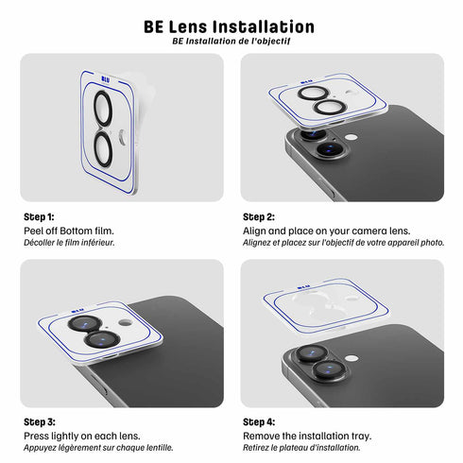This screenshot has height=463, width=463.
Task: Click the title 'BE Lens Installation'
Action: (x=231, y=26)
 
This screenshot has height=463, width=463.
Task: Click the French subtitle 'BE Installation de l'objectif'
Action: (x=231, y=42)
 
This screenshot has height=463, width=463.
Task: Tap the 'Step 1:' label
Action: (x=39, y=216)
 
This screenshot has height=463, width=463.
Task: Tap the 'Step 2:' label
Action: (x=259, y=216)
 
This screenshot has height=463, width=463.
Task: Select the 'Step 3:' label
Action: (x=39, y=421)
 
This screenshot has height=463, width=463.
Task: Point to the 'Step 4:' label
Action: (x=259, y=421)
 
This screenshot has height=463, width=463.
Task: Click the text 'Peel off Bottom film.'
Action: (x=68, y=231)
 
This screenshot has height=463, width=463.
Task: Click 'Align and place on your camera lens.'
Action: (x=327, y=231)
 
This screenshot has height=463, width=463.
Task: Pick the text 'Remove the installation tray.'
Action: (x=307, y=436)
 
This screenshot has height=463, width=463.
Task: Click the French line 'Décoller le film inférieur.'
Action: (x=69, y=242)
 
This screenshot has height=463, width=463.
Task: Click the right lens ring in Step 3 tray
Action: (x=105, y=338)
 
